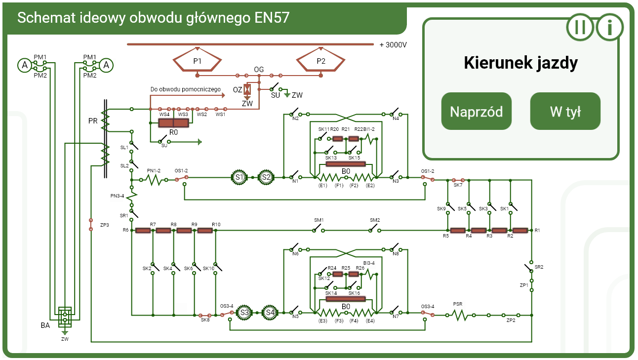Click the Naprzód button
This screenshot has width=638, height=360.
(x=476, y=111)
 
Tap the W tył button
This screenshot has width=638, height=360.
(x=565, y=111)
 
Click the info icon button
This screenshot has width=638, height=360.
(x=610, y=27)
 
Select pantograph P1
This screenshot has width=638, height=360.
(x=198, y=61)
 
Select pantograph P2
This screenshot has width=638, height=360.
(x=321, y=61)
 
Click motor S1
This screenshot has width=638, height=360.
(x=239, y=177)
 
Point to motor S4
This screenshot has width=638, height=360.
(x=270, y=313)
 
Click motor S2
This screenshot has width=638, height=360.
(x=266, y=177)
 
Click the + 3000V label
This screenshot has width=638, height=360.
(x=393, y=45)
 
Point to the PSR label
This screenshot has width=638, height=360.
(x=458, y=305)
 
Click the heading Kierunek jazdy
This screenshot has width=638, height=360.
(x=520, y=63)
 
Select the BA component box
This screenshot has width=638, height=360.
(x=65, y=317)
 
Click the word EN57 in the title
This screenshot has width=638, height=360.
(x=272, y=18)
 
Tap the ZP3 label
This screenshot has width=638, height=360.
(x=104, y=225)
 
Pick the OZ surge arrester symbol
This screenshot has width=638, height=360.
(x=248, y=89)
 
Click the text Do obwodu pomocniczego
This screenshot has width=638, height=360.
(x=185, y=89)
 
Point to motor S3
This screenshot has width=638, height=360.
(x=244, y=313)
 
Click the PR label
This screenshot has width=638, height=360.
(x=93, y=121)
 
